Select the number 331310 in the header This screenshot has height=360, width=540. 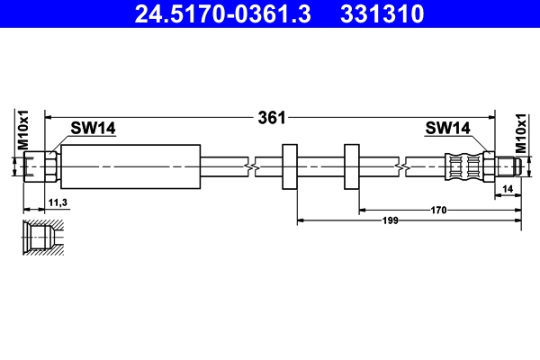[380, 13]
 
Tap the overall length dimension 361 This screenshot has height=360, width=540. [271, 117]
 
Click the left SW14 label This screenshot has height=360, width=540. [94, 129]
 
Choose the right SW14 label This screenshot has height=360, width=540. [447, 129]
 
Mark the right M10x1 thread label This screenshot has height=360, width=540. [519, 131]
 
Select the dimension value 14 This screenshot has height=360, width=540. [508, 188]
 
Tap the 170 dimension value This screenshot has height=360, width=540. [438, 210]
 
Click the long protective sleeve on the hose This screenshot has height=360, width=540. [130, 166]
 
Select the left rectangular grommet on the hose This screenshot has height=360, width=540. [290, 166]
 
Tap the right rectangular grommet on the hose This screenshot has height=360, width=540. [352, 166]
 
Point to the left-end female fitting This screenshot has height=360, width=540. [40, 166]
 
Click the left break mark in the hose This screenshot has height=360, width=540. [250, 166]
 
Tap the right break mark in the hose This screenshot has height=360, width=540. [400, 166]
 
